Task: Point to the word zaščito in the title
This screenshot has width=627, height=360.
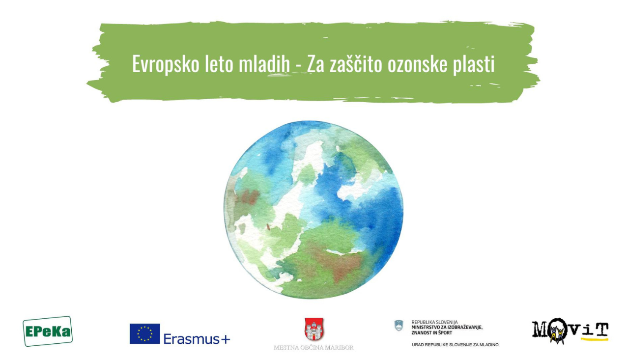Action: tap(356, 63)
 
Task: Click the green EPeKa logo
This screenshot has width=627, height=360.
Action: tap(48, 331)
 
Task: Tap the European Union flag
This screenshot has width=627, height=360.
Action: tap(145, 333)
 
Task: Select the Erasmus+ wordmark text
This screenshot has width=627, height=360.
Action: tap(197, 339)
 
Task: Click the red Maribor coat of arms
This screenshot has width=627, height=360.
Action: tap(314, 329)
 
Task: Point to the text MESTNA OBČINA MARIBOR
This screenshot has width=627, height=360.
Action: tap(313, 348)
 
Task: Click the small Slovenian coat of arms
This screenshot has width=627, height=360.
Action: tap(399, 326)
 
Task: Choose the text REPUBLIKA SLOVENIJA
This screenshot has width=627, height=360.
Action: tap(434, 322)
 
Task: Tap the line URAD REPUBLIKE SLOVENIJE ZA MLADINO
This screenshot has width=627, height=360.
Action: tap(455, 345)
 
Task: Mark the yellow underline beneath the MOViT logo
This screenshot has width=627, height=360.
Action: tap(595, 339)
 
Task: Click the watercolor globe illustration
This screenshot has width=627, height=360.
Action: tap(313, 210)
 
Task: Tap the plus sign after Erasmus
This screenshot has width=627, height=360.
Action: tap(226, 339)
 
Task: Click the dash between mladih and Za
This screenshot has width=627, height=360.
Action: tap(298, 67)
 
